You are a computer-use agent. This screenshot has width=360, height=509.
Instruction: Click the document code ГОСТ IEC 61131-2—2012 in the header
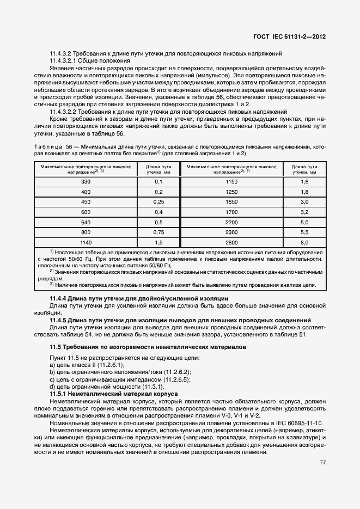(292, 36)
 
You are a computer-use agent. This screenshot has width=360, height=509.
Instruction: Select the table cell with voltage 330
(86, 181)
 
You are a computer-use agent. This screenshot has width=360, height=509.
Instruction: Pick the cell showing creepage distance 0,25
(159, 201)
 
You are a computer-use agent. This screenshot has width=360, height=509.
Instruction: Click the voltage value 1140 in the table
(86, 242)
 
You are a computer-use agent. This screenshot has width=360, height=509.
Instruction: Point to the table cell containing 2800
(232, 242)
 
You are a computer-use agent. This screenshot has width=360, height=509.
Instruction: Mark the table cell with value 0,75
(159, 232)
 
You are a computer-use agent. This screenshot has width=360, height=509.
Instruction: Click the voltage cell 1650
(232, 201)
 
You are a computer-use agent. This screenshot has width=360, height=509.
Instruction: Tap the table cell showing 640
(86, 222)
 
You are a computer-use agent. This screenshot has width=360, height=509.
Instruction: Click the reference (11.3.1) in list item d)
(156, 386)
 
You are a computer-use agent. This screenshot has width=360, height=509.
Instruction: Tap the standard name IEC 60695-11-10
(296, 423)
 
